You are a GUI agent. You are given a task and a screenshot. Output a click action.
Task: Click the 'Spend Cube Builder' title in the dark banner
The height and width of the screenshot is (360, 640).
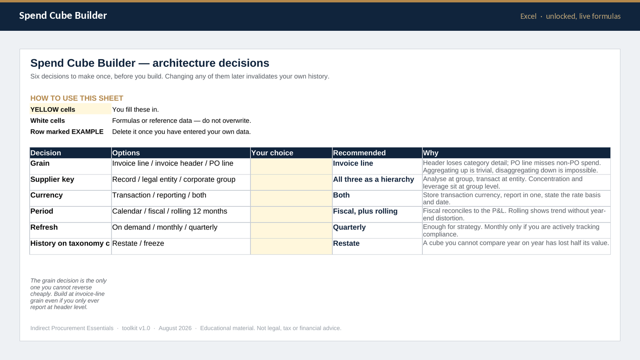[63, 16]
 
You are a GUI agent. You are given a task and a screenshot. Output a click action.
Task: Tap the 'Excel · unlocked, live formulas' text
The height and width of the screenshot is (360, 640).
[570, 16]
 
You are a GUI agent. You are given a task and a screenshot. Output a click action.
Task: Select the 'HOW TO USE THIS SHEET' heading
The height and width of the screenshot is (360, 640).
[76, 98]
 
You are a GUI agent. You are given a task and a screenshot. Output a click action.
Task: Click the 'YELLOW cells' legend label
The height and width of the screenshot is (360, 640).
[52, 110]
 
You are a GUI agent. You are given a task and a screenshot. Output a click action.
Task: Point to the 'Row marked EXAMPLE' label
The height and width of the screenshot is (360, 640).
[67, 132]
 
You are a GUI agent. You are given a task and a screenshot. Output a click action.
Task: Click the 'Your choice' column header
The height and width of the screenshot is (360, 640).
[272, 153]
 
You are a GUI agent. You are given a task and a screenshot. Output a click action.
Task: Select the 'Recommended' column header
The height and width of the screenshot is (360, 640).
[359, 153]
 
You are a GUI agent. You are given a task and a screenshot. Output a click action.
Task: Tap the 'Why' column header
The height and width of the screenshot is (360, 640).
[430, 153]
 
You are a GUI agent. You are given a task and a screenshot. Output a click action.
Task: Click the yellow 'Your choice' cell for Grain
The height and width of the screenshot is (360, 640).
[291, 166]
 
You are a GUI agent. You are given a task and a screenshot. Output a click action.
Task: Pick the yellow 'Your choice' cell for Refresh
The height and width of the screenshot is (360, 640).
[291, 230]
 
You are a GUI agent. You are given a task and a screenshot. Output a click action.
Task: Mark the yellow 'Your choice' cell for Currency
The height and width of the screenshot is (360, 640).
[291, 198]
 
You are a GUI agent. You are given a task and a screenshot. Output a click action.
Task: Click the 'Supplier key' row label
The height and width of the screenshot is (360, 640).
[52, 180]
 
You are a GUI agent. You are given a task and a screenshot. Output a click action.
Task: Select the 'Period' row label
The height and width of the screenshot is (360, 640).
[42, 211]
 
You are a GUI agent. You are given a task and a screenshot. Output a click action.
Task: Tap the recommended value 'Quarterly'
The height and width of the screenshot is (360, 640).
[349, 228]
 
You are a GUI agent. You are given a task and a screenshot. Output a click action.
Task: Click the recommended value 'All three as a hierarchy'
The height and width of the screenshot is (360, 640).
[374, 180]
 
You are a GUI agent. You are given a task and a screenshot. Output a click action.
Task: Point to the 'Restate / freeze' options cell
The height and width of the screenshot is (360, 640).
[138, 244]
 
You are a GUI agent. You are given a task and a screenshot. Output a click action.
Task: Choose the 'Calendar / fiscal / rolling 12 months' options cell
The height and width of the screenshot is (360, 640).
[170, 211]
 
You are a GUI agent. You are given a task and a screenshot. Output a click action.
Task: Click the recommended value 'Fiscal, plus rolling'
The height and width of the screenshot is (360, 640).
[365, 211]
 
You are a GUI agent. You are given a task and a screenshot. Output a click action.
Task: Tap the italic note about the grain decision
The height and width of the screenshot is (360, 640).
[68, 294]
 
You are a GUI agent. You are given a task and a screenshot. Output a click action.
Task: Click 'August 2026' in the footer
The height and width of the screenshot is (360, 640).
[175, 328]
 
